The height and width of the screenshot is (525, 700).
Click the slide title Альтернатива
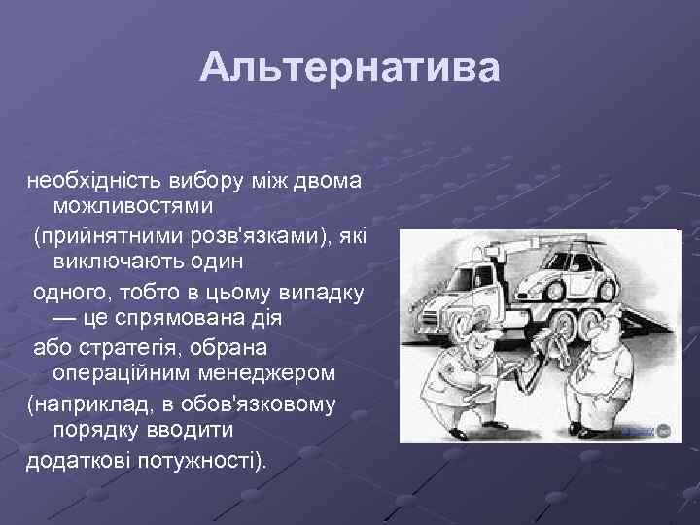pos(350,69)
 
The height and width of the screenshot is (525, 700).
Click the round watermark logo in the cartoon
pos(663,430)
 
